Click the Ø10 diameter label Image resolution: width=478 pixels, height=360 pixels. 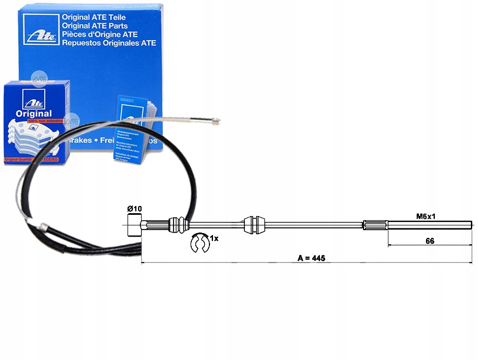click(135, 209)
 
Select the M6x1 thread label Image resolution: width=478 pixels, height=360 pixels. click(426, 217)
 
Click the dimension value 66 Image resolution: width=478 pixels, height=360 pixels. click(430, 241)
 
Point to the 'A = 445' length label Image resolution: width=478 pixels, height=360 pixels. click(312, 258)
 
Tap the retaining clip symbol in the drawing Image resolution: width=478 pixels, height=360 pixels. click(199, 242)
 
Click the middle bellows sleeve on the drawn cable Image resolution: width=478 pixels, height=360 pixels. click(251, 224)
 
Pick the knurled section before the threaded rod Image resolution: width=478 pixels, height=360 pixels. click(376, 224)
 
